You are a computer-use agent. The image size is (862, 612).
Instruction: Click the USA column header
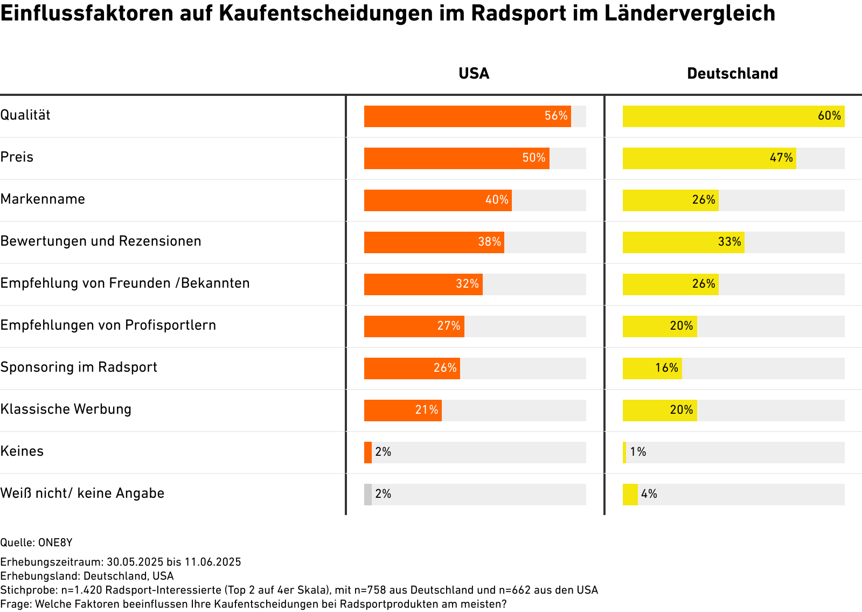pos(474,73)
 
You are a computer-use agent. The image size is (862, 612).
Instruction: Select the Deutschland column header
pos(732,73)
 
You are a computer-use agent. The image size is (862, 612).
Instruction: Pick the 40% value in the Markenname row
pos(497,200)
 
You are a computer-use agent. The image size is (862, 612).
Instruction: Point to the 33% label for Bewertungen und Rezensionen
pos(729,242)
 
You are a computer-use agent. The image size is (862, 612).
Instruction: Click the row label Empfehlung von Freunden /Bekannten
pos(125,283)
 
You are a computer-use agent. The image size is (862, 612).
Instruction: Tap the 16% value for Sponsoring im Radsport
pos(666,368)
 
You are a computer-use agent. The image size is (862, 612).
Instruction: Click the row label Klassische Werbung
pos(66,409)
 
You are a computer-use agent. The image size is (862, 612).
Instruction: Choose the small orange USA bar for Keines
pos(368,453)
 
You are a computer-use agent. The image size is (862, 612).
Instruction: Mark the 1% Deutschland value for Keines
pos(638,452)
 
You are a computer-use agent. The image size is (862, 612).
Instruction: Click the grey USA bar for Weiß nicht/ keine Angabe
pos(368,495)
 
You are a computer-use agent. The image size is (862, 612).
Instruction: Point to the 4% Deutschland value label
pos(649,494)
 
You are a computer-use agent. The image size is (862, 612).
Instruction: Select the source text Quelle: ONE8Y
pos(36,543)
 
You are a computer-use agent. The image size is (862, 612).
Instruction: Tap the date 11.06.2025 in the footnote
pos(213,562)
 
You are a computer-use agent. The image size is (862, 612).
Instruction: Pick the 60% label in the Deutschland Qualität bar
pos(829,116)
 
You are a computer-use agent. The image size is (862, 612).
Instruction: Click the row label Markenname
pos(43,199)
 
